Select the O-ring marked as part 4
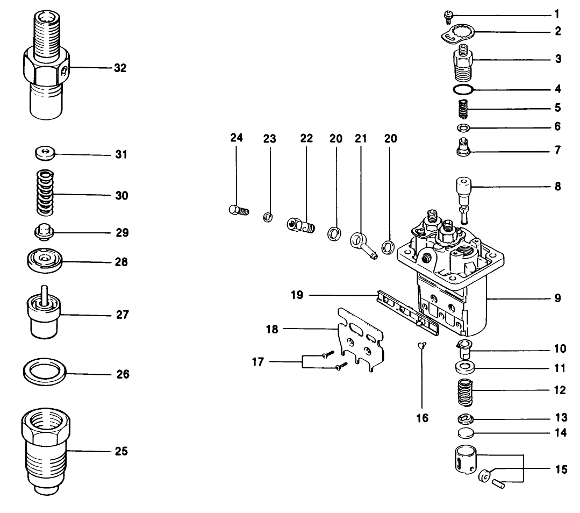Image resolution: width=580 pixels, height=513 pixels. click(462, 89)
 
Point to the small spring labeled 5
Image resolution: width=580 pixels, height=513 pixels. click(463, 110)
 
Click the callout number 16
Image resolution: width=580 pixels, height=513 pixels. click(423, 417)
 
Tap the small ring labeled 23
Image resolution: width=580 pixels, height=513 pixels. click(267, 217)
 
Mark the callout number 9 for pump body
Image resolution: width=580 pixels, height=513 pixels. click(558, 297)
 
